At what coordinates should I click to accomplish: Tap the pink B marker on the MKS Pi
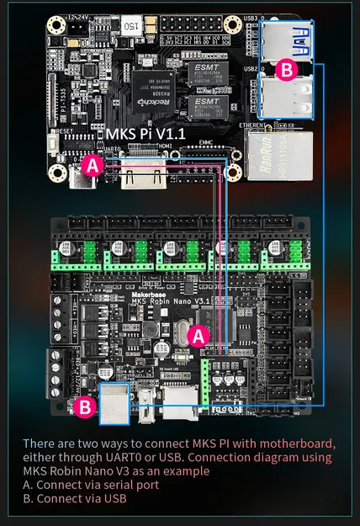[286, 71]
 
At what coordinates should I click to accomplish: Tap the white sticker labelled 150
[130, 27]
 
